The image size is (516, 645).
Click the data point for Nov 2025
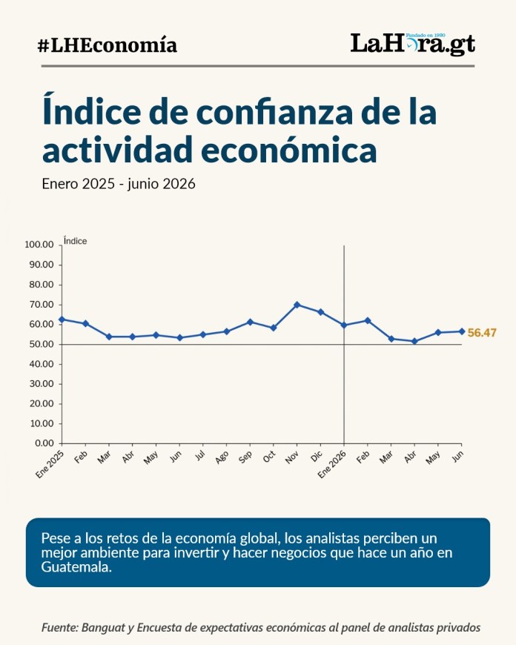(x=297, y=305)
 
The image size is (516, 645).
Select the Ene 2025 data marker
(x=62, y=320)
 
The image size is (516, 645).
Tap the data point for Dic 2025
(x=320, y=312)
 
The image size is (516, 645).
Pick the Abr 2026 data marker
(x=414, y=341)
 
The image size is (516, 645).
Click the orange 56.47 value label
(x=482, y=332)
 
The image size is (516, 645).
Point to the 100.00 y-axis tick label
(x=39, y=245)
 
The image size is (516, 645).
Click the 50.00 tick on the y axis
(x=42, y=344)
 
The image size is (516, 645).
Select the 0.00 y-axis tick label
(x=44, y=443)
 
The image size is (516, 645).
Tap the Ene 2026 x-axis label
(x=331, y=464)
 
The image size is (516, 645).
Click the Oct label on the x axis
(x=269, y=457)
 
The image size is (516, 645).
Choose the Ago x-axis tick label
(x=222, y=457)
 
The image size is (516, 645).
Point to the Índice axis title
(x=76, y=241)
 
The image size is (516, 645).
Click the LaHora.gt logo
(x=413, y=44)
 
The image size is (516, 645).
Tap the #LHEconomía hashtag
(x=107, y=45)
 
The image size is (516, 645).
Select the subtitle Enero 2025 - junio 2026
(x=119, y=183)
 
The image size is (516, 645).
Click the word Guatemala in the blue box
(x=76, y=567)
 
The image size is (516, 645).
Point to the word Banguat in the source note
(x=103, y=628)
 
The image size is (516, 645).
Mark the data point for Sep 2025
(x=250, y=322)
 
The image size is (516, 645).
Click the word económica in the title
(x=289, y=150)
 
